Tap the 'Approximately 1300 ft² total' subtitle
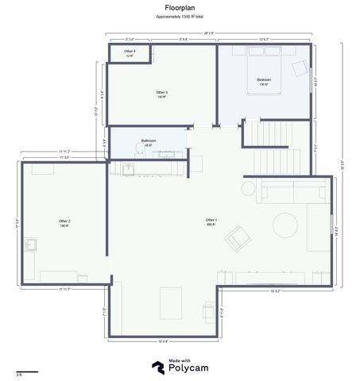click(x=180, y=16)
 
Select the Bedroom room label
click(x=264, y=80)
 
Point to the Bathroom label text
click(x=149, y=141)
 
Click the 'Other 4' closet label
click(x=130, y=52)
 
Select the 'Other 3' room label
click(x=161, y=94)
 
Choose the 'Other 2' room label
click(x=64, y=221)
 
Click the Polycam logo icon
click(x=159, y=366)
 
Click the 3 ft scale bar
click(x=26, y=371)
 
